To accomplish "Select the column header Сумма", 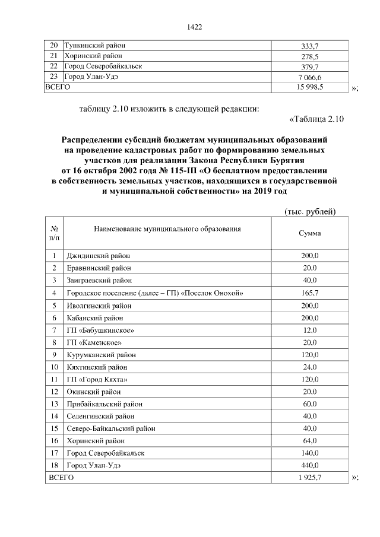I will pyautogui.click(x=310, y=233).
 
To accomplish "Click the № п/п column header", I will pyautogui.click(x=54, y=233).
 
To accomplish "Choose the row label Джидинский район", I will pyautogui.click(x=98, y=256).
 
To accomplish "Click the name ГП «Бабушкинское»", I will pyautogui.click(x=96, y=330).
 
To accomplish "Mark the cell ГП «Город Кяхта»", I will pyautogui.click(x=96, y=379).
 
